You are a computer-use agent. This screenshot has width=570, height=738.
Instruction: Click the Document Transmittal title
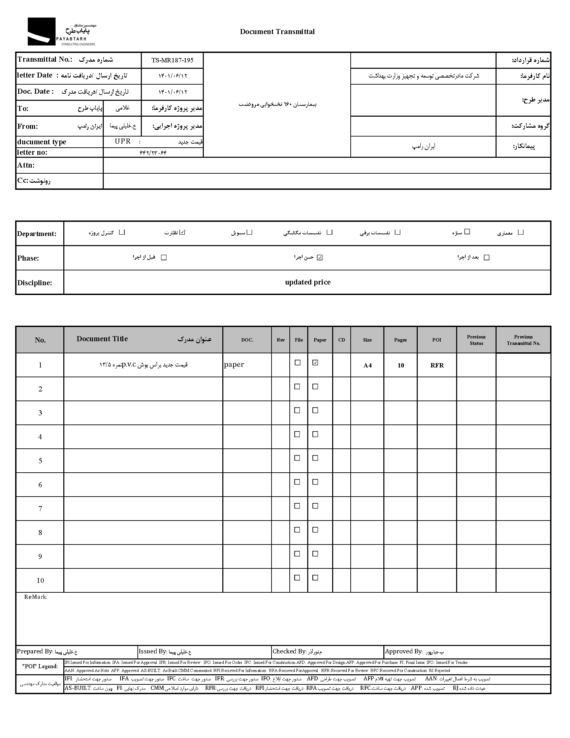point(277,32)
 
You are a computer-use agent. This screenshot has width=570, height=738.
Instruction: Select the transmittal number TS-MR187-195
point(172,60)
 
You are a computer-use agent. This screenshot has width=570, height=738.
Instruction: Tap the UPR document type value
point(123,141)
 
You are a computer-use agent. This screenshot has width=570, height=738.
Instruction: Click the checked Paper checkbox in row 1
point(315,362)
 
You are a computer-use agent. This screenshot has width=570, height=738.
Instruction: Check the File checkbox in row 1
point(297,362)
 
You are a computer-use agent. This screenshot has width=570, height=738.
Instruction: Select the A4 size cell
point(368,365)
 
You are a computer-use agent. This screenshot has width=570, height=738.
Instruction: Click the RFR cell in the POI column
point(437,365)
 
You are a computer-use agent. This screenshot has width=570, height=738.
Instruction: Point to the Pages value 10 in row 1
point(401,365)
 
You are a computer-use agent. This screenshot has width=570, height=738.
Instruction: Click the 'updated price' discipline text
point(308,282)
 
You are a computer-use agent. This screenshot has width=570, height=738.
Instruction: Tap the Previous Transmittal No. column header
point(523,340)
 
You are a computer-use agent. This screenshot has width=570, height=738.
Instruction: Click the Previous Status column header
point(476,340)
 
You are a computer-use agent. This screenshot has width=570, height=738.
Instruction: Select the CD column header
point(341,340)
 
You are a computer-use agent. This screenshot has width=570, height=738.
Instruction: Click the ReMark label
point(35,597)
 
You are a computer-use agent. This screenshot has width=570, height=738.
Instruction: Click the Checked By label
point(289,651)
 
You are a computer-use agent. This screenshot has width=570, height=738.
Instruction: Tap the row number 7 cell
point(40,508)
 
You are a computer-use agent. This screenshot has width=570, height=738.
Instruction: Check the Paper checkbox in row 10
point(315,578)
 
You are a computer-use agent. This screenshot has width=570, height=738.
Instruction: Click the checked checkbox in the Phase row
point(320,258)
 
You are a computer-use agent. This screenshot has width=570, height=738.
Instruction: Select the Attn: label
point(26,165)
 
